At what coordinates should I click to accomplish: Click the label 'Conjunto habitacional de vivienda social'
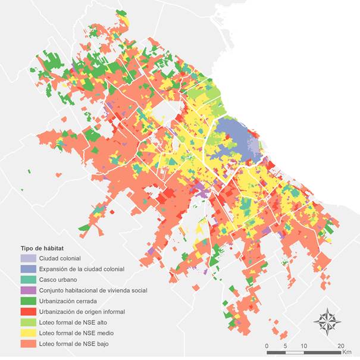[93, 290]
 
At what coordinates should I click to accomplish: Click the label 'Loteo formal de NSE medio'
[76, 333]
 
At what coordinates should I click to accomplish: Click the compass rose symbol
[327, 321]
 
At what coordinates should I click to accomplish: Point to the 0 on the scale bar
[267, 346]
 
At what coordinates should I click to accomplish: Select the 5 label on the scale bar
[286, 346]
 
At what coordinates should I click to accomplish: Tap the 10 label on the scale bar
[303, 346]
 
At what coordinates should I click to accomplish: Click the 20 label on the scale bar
[340, 346]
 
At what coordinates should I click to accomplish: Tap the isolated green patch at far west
[28, 173]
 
